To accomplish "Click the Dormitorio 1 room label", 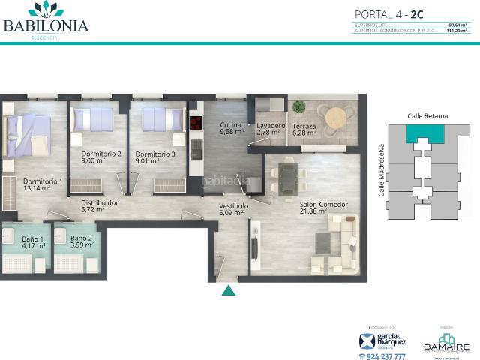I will (x=43, y=181).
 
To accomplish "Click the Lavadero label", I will (x=270, y=125).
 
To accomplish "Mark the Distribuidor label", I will (x=100, y=202).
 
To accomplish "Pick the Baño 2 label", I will (x=82, y=238).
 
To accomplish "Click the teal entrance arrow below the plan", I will (x=229, y=290).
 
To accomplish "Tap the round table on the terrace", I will (x=336, y=117).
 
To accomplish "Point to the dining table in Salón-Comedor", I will (x=289, y=177).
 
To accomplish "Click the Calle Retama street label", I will (x=427, y=116).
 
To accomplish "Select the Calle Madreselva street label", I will (x=382, y=170).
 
